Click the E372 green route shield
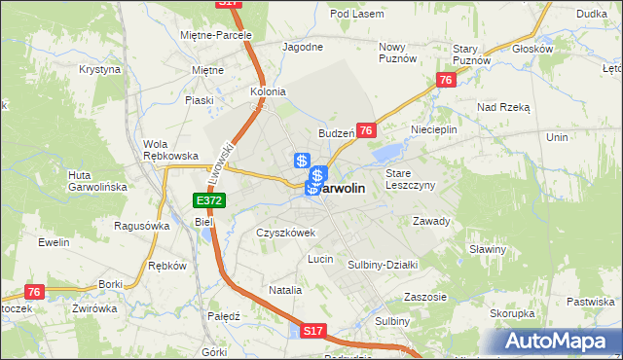click(209, 200)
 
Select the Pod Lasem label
click(352, 14)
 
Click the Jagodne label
click(302, 47)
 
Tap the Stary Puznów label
click(472, 54)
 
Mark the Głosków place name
click(531, 48)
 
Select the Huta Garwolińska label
click(92, 181)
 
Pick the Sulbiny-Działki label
click(383, 264)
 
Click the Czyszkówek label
click(285, 234)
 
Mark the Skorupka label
click(512, 313)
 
